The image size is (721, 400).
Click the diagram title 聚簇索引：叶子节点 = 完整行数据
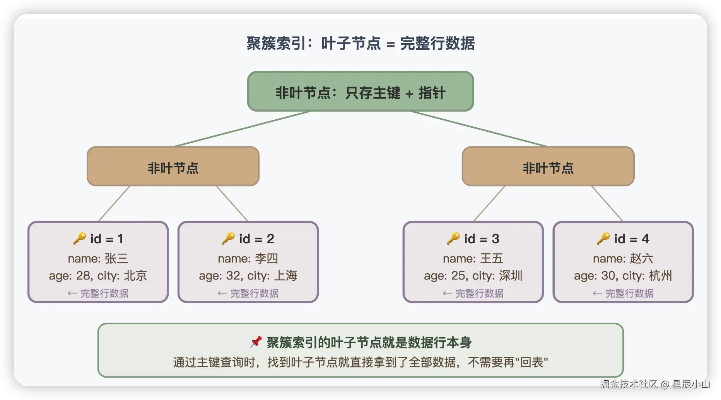click(360, 43)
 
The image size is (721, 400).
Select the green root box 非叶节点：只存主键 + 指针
click(360, 92)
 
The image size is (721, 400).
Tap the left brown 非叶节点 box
click(173, 166)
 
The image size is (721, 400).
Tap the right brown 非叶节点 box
click(548, 166)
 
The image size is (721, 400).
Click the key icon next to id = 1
click(80, 239)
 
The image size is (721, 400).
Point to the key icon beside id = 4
click(603, 239)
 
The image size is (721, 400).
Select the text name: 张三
click(98, 258)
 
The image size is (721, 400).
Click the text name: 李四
click(248, 258)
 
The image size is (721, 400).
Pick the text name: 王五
click(473, 258)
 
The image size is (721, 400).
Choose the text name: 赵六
click(623, 258)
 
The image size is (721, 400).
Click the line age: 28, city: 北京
click(98, 276)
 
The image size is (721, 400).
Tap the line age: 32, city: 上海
click(248, 276)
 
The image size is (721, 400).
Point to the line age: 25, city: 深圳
click(473, 276)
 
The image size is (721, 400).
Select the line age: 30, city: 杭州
click(623, 276)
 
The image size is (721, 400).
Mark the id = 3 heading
click(482, 239)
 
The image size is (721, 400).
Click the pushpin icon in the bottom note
click(256, 342)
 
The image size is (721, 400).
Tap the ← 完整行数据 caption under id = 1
click(98, 293)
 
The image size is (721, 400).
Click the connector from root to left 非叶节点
click(243, 129)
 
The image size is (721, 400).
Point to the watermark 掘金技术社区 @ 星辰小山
click(655, 384)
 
